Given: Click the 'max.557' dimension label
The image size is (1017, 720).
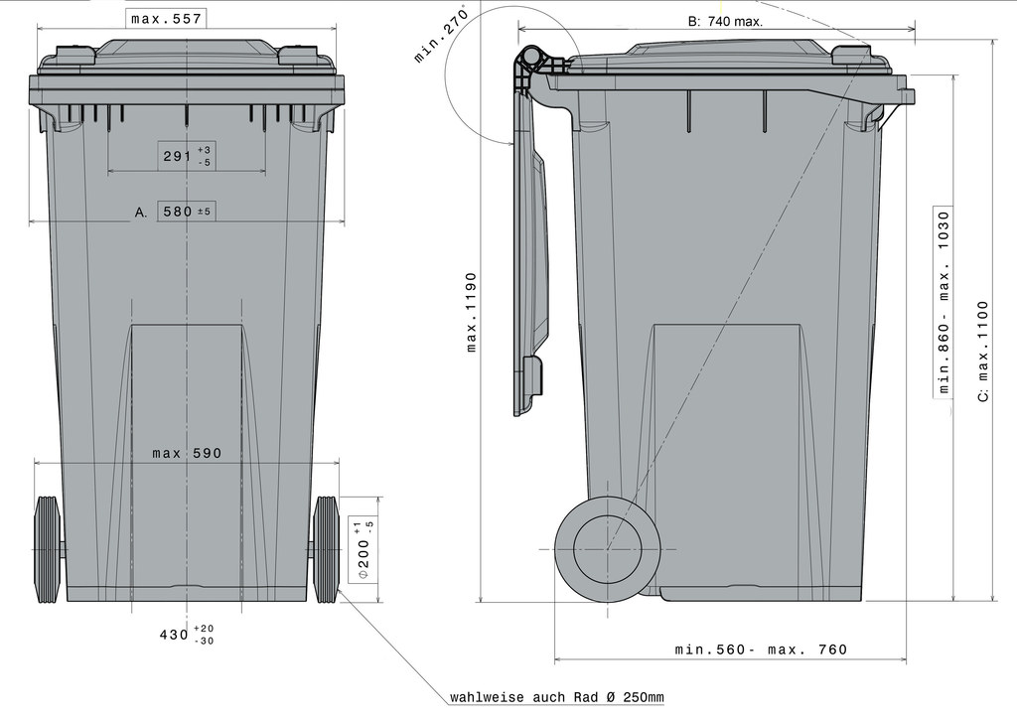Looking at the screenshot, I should (x=167, y=19).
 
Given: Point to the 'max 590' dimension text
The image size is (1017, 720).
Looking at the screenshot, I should (x=187, y=453).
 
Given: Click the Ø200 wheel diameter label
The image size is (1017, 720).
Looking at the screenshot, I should (x=363, y=550).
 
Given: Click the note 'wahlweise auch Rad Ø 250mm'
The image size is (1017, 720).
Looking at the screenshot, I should (x=556, y=697).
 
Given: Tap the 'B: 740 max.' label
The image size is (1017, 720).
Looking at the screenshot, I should (x=725, y=21).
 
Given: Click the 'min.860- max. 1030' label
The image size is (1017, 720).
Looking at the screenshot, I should (x=944, y=301).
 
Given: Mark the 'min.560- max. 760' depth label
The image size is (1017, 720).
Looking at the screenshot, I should (x=761, y=649).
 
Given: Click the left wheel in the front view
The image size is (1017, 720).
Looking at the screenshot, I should (x=47, y=549).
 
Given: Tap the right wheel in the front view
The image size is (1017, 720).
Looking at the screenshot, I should (x=326, y=549).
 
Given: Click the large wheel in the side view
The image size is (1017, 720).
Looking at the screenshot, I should (x=608, y=549).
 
